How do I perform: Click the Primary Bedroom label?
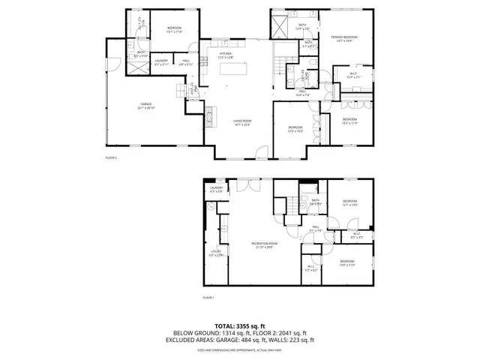(x=346, y=39)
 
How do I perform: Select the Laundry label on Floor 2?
(x=161, y=63)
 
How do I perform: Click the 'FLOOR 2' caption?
(x=112, y=158)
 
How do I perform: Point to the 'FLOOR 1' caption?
(x=208, y=298)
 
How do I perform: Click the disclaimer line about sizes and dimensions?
(x=240, y=349)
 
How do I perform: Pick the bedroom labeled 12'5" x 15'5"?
(x=295, y=129)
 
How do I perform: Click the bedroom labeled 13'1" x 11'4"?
(x=175, y=31)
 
